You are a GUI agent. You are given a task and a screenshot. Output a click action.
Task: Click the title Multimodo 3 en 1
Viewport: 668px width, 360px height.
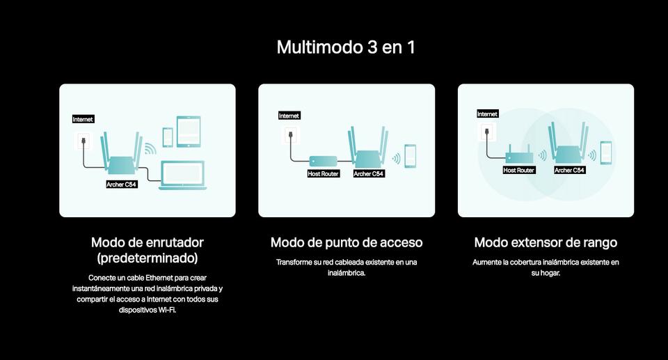(x=346, y=47)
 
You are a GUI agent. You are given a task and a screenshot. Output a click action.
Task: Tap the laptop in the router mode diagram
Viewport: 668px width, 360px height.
(x=183, y=175)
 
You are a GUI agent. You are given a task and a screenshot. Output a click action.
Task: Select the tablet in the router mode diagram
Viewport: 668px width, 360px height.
(x=189, y=132)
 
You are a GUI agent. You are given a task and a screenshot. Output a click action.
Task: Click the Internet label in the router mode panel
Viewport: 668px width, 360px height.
(x=83, y=120)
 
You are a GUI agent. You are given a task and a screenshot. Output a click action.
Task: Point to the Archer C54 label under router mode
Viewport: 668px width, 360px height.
(x=121, y=185)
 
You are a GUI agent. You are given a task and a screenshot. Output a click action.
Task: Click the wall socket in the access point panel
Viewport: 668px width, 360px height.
(x=291, y=136)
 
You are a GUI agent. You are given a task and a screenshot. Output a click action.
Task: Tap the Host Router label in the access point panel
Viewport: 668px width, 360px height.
(x=324, y=173)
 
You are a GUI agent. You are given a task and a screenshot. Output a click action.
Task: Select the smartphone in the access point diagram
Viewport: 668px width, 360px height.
(x=411, y=156)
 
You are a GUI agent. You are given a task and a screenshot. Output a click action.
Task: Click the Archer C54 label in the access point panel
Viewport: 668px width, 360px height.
(x=369, y=173)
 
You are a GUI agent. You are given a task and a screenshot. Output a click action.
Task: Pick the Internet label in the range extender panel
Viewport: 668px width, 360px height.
(x=487, y=114)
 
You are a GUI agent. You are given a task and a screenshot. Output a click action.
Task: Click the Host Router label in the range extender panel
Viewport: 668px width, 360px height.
(x=519, y=170)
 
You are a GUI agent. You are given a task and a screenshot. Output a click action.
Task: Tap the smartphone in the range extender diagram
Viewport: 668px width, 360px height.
(x=606, y=152)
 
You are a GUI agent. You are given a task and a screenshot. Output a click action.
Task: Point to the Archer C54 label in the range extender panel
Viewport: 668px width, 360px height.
(x=570, y=170)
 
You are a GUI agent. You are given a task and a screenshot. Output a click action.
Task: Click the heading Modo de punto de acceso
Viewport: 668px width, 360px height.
(x=347, y=243)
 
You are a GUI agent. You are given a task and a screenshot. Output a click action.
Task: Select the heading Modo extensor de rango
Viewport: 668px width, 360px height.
(x=546, y=243)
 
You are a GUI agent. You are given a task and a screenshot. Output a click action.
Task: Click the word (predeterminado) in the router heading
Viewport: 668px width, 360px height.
(x=148, y=258)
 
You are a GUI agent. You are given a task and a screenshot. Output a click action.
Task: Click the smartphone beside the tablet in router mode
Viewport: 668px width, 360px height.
(x=168, y=137)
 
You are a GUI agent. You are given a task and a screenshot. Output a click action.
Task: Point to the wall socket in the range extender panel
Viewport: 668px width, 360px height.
(x=487, y=132)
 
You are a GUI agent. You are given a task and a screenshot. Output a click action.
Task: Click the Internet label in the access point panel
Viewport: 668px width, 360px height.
(x=289, y=116)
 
